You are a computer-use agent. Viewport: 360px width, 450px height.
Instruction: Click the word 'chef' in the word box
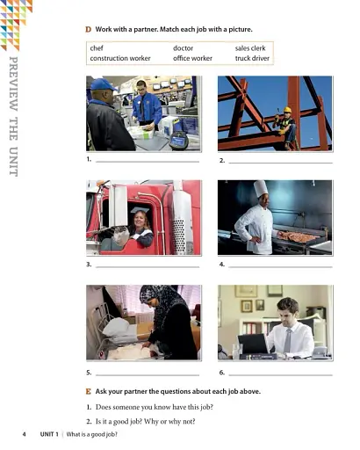click(x=97, y=47)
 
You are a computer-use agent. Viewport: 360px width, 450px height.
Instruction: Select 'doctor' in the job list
click(x=183, y=47)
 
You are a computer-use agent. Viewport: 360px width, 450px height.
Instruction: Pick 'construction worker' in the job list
click(x=119, y=59)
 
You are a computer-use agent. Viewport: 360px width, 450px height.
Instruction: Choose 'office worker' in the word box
click(x=192, y=59)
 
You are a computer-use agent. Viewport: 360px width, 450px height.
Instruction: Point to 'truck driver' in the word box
click(x=252, y=59)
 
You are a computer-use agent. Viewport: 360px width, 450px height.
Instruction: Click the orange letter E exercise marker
click(x=88, y=390)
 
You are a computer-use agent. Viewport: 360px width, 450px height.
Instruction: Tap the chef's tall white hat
click(x=260, y=188)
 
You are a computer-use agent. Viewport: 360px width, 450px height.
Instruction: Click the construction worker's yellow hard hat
click(x=287, y=110)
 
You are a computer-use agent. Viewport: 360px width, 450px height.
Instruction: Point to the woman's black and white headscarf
click(x=162, y=300)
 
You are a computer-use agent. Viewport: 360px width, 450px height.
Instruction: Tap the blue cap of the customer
click(x=103, y=84)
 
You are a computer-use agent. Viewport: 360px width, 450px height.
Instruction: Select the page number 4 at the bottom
click(x=24, y=434)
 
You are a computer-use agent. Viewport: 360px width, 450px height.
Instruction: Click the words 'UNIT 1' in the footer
click(x=49, y=434)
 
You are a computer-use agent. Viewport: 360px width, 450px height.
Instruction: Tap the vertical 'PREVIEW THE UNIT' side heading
click(x=13, y=115)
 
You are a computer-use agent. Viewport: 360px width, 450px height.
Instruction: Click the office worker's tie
click(x=287, y=340)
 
